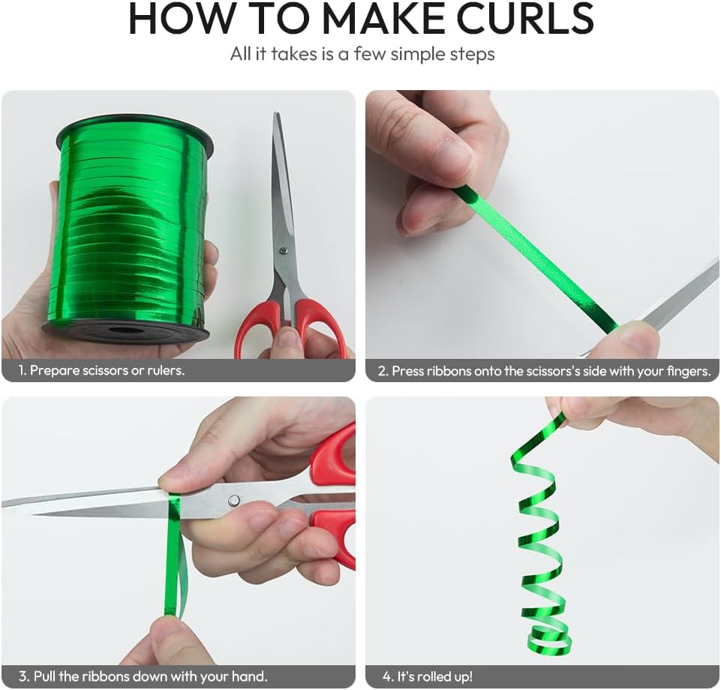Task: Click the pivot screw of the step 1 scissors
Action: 283,251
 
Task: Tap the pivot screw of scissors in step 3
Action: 234,500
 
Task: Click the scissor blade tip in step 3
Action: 5,504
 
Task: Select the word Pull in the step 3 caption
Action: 44,676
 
